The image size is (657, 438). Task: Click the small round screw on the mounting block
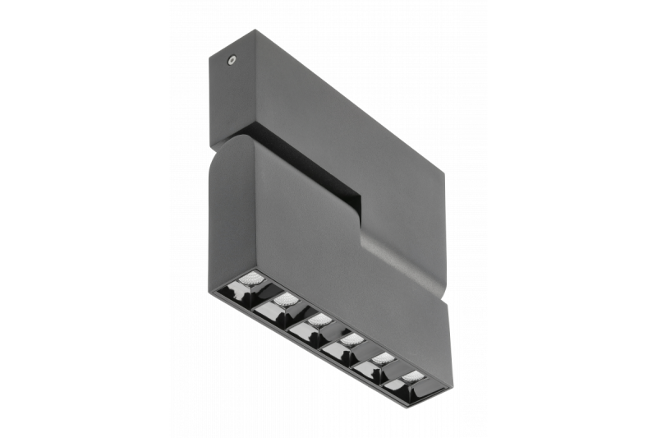tap(233, 60)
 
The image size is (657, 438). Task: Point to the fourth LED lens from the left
tap(351, 338)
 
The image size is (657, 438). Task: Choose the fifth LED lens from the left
tap(383, 357)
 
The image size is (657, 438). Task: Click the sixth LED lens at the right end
tap(413, 376)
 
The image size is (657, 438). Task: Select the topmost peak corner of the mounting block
tap(255, 31)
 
